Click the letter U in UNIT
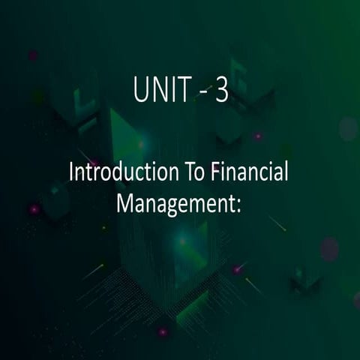[x=141, y=90]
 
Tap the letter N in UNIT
[x=158, y=90]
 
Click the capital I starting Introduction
[x=71, y=172]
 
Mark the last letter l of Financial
[x=286, y=172]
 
